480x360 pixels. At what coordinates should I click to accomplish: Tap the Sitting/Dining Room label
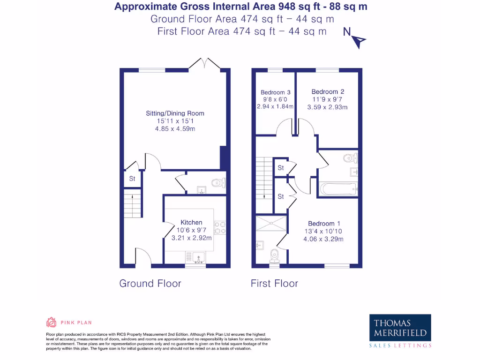pyautogui.click(x=175, y=113)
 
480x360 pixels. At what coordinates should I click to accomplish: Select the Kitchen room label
pyautogui.click(x=191, y=222)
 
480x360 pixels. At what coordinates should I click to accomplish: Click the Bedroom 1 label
pyautogui.click(x=324, y=224)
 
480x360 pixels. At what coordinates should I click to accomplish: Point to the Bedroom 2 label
pyautogui.click(x=328, y=92)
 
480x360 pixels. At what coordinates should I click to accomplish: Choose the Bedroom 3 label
pyautogui.click(x=275, y=92)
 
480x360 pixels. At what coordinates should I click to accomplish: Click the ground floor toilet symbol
pyautogui.click(x=218, y=183)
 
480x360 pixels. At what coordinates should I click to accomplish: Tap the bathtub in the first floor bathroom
pyautogui.click(x=338, y=189)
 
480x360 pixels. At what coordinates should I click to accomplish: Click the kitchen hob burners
pyautogui.click(x=220, y=227)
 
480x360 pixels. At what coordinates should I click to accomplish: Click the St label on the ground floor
pyautogui.click(x=132, y=179)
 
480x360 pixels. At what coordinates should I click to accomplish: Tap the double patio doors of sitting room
pyautogui.click(x=204, y=63)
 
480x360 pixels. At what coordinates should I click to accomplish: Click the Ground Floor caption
pyautogui.click(x=150, y=283)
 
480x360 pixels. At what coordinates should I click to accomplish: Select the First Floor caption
pyautogui.click(x=274, y=283)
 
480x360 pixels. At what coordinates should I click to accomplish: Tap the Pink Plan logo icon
pyautogui.click(x=52, y=322)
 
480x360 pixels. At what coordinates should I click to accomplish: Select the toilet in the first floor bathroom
pyautogui.click(x=349, y=158)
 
